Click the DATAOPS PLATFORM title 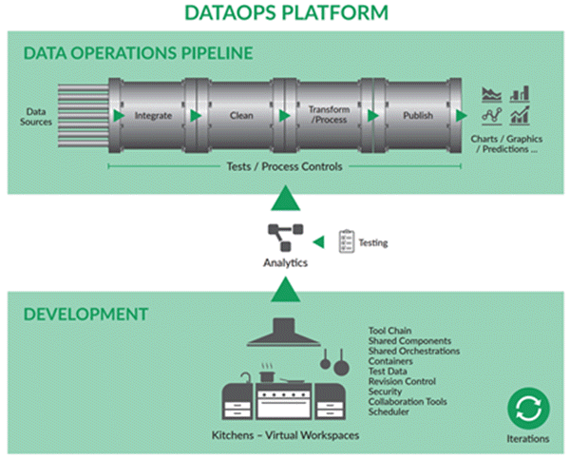[287, 12]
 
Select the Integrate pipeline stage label [153, 116]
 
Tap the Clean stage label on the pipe [241, 115]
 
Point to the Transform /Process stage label [329, 115]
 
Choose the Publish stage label [418, 115]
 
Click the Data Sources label [36, 116]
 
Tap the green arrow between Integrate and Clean [196, 116]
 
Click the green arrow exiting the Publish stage [462, 116]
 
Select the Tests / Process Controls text [284, 166]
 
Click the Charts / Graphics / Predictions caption [506, 143]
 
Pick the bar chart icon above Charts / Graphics [520, 94]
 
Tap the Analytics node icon [286, 238]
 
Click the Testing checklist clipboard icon [347, 241]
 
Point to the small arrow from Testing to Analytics [319, 242]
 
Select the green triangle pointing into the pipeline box [286, 199]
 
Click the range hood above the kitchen [284, 332]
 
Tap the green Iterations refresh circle [528, 409]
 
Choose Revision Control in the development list [402, 381]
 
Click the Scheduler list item [389, 411]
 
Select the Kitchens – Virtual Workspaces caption [285, 435]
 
